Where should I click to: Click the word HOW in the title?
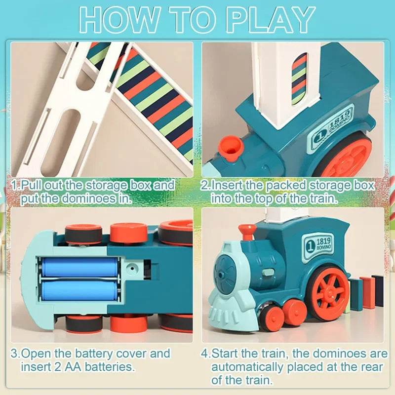(118, 20)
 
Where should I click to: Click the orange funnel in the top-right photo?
(228, 147)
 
